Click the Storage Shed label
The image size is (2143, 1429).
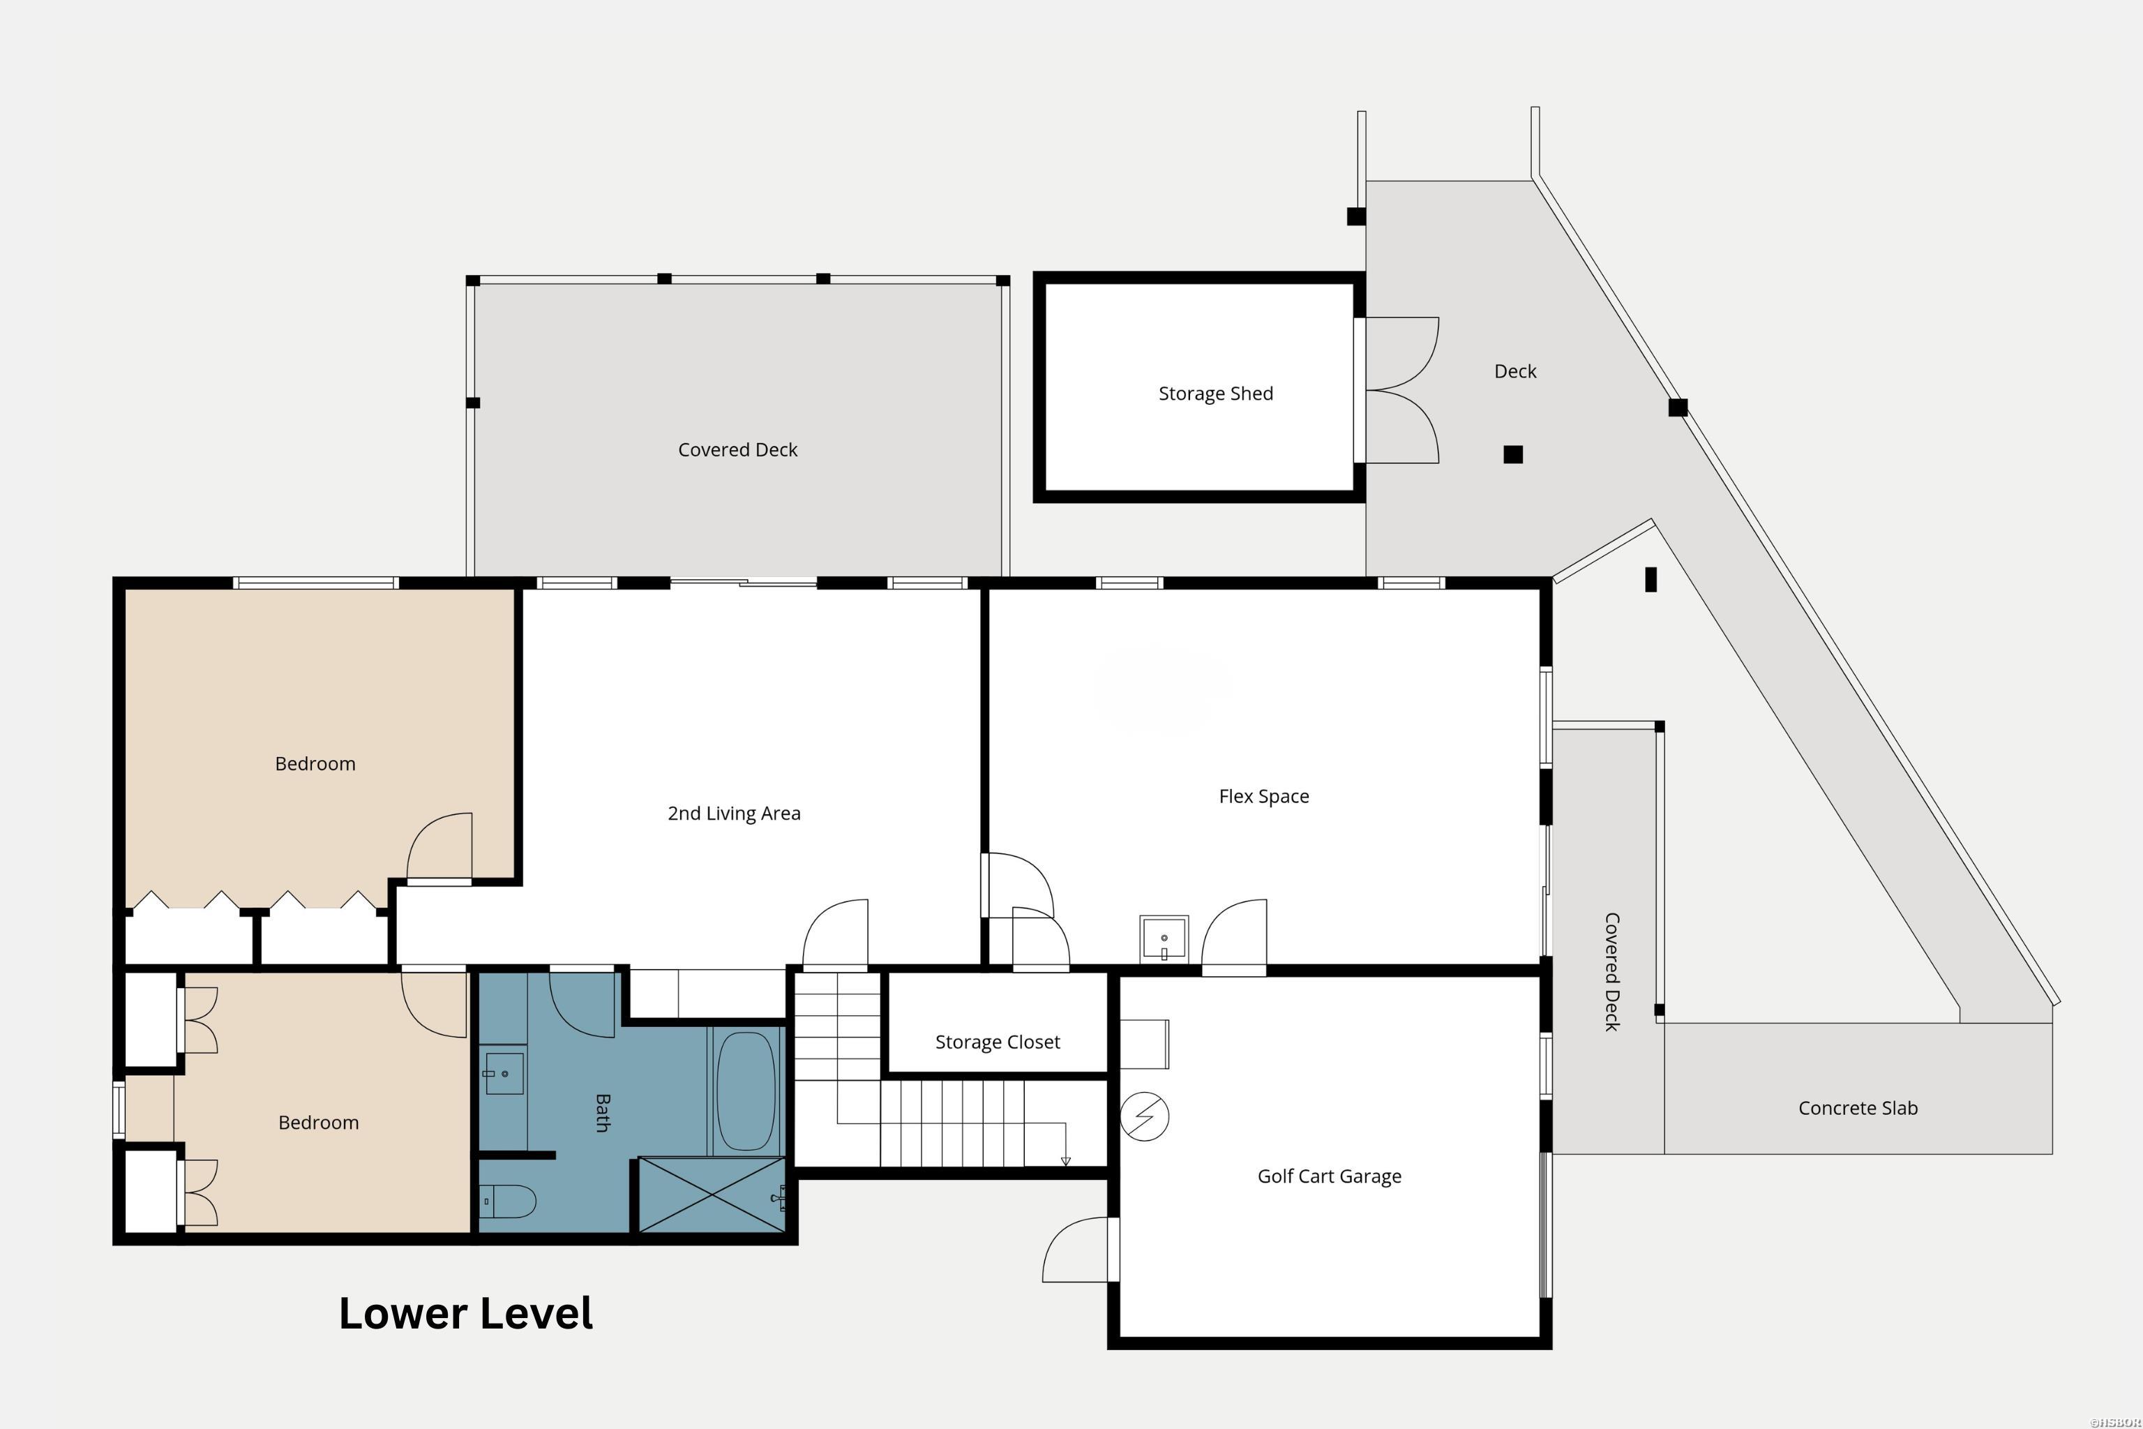pos(1215,394)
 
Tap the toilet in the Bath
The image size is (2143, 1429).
pos(509,1201)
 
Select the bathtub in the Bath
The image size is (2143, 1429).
pos(745,1091)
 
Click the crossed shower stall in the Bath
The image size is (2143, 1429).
pos(711,1195)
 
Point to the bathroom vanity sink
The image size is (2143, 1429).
pos(503,1074)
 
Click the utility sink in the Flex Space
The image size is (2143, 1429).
pos(1164,938)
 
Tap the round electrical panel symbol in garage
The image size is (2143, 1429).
pos(1144,1116)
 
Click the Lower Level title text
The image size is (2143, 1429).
pos(465,1313)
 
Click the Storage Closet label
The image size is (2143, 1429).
pos(997,1042)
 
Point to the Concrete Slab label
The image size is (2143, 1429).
pos(1858,1108)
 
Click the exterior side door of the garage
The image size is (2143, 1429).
pos(1078,1250)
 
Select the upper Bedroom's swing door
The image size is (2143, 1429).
pos(440,848)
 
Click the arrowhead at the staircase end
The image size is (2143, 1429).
pos(1065,1161)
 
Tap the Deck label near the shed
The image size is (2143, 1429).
pos(1514,372)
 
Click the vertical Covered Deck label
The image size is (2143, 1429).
pos(1611,971)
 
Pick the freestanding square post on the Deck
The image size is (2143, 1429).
pos(1512,454)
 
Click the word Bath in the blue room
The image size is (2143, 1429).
pos(602,1113)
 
